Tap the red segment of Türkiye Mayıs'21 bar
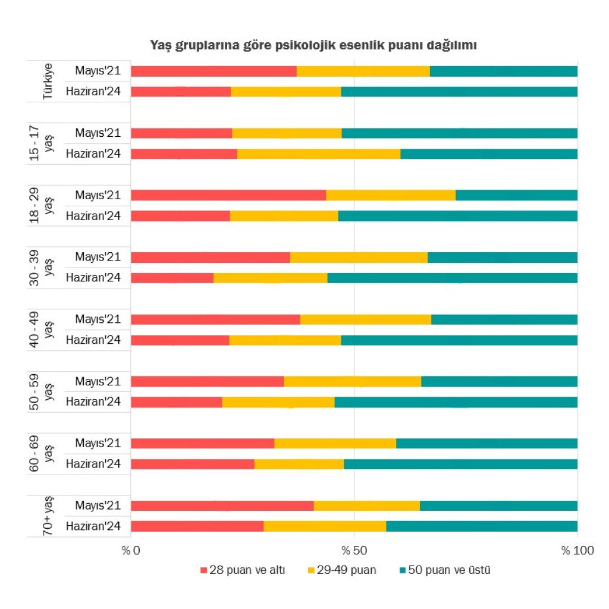pos(214,71)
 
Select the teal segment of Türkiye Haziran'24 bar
pos(459,92)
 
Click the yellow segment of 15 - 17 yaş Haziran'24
pos(319,154)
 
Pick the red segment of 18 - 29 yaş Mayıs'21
pos(228,195)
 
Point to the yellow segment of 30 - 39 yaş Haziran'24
pos(270,278)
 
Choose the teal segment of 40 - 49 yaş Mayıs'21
pos(504,319)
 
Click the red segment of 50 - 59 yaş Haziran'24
pos(176,402)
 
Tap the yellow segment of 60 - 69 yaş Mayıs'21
pos(335,443)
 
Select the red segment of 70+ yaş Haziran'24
pos(197,526)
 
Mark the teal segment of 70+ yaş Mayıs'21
pos(498,506)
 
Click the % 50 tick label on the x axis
pos(354,550)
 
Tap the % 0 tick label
pos(131,550)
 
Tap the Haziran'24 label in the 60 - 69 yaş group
pos(93,464)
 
